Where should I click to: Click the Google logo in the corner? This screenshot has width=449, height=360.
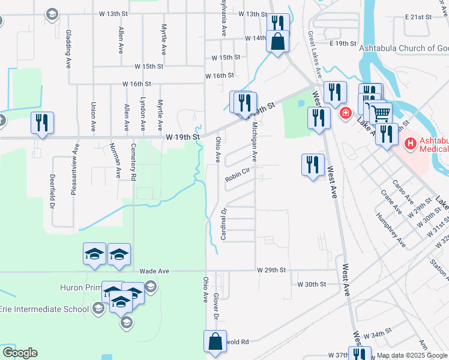coord(20,353)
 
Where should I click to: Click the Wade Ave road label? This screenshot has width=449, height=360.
coord(154,271)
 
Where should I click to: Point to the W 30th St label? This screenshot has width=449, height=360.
coord(312,284)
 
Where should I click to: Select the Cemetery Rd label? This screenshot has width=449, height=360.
coord(134,161)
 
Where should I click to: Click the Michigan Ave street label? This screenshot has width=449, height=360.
coord(255,142)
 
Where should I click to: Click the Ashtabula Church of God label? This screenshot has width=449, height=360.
coord(403,49)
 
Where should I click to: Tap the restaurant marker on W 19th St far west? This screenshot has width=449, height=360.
coord(43,122)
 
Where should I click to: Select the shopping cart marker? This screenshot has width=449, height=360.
coord(379,113)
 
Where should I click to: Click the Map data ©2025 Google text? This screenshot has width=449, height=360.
coord(412,355)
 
